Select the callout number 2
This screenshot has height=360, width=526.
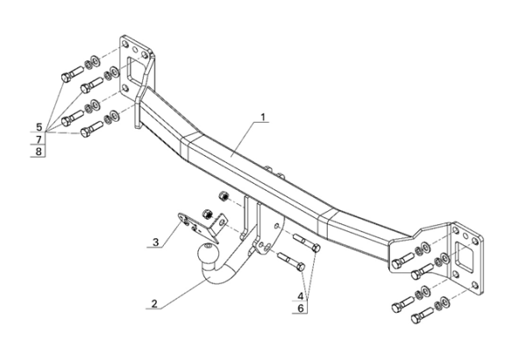coord(154,304)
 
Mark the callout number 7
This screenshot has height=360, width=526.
coord(39,139)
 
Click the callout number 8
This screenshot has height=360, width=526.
coord(39,152)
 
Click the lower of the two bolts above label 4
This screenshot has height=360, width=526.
coord(289,259)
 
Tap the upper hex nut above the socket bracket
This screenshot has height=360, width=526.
coord(224,194)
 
